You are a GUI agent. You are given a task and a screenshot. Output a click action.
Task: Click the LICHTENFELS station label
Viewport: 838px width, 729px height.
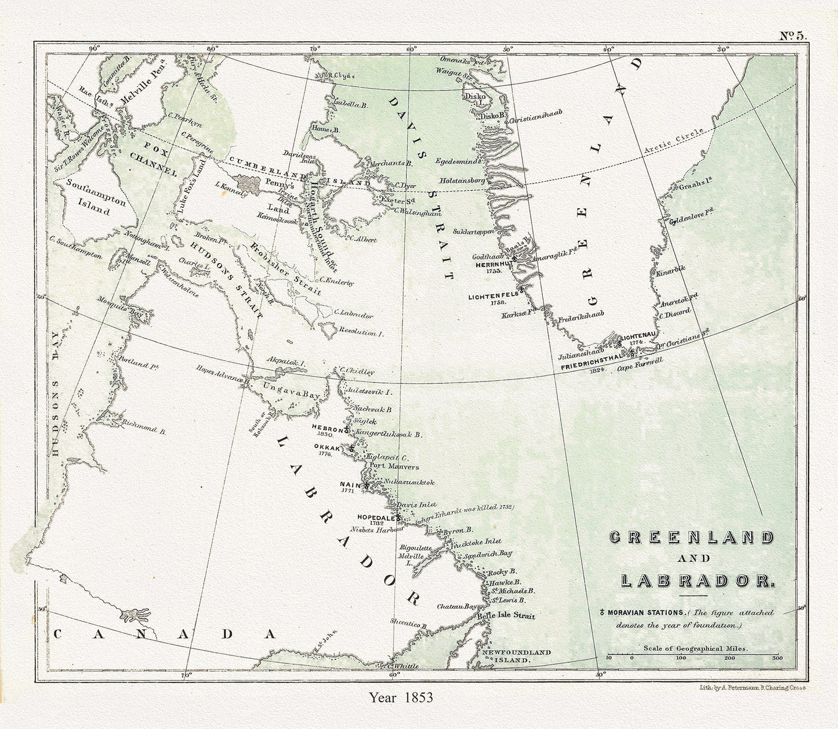coord(492,297)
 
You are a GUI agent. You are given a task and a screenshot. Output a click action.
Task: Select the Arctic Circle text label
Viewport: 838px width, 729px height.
coord(673,142)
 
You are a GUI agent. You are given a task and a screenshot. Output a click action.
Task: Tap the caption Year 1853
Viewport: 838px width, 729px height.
coord(401,697)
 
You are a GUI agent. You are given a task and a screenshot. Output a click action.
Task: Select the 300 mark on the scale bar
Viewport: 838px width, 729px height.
coord(777,658)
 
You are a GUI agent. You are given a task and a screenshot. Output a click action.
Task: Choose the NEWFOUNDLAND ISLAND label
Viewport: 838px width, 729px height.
coord(517,656)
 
